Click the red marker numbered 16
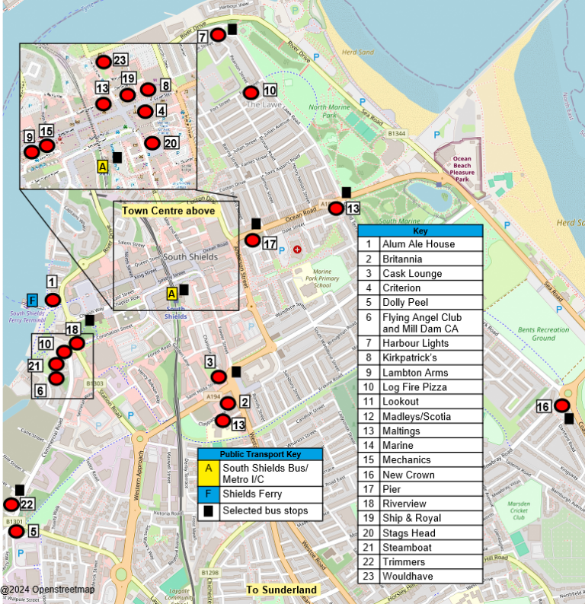(x=563, y=406)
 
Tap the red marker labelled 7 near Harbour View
(x=218, y=34)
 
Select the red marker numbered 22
(x=11, y=504)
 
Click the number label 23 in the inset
(x=120, y=61)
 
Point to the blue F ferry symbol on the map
(x=32, y=300)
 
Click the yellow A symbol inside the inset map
(x=102, y=165)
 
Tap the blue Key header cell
(x=420, y=230)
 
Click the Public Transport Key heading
(x=261, y=454)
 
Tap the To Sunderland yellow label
(x=281, y=590)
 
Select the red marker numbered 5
(x=16, y=530)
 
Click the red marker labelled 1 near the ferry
(x=52, y=300)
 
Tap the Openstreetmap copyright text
(x=47, y=590)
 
